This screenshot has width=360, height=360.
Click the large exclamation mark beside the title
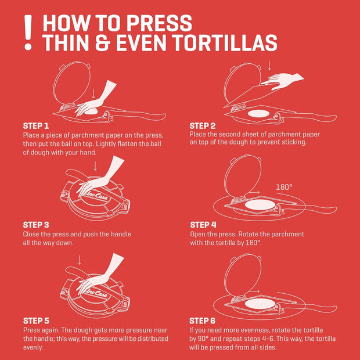point(28,33)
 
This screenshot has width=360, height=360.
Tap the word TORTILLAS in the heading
point(225,43)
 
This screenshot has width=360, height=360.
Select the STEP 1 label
point(36,126)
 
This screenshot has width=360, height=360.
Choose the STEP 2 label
point(203,126)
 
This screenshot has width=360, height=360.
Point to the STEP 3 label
point(36,225)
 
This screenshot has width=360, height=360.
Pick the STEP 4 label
point(203,225)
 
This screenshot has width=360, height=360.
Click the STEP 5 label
point(36,321)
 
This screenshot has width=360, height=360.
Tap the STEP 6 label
point(202,321)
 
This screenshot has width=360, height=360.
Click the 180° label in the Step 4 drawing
point(285,187)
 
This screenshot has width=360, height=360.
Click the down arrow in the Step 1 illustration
point(93,93)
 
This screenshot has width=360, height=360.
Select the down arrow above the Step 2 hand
point(269,65)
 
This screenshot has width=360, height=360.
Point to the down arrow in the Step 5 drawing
point(79,260)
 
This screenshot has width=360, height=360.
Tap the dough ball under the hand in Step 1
point(91,111)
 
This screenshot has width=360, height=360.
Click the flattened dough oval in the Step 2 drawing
point(258,113)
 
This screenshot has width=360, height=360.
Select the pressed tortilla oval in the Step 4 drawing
point(260,204)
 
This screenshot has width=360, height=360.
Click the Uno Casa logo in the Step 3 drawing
point(98,197)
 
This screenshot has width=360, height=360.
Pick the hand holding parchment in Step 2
point(282,81)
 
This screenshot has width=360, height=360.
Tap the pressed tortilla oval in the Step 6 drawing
point(260,304)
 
